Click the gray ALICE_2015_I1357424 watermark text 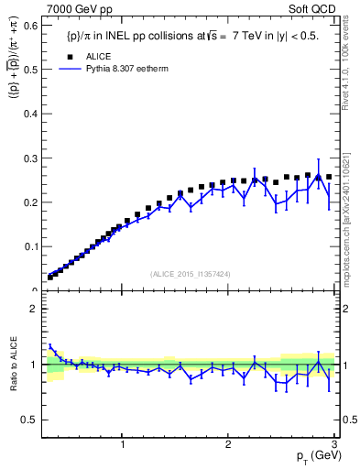pyautogui.click(x=191, y=273)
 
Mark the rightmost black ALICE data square pyautogui.click(x=329, y=177)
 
